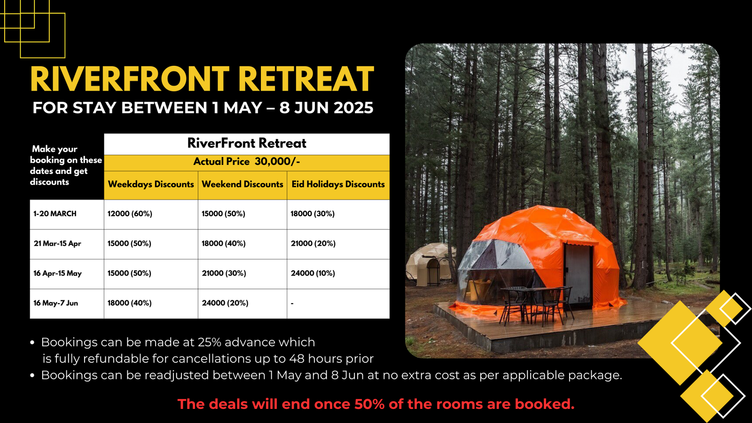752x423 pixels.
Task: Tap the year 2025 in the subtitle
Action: (353, 108)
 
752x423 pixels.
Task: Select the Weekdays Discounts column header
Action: (151, 184)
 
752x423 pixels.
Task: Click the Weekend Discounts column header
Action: (243, 184)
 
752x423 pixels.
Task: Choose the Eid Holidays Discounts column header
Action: (338, 184)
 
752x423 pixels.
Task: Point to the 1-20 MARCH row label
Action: (55, 213)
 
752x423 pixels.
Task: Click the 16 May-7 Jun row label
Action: (56, 303)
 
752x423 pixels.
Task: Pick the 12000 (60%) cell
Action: (130, 213)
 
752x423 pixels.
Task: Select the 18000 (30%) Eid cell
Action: (313, 213)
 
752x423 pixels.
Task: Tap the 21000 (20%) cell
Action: (313, 243)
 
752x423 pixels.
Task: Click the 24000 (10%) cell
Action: (313, 273)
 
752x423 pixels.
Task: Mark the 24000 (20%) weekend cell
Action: (225, 303)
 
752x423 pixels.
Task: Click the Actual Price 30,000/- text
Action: (247, 162)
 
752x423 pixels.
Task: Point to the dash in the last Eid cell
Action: (292, 304)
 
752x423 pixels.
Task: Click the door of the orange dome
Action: (579, 274)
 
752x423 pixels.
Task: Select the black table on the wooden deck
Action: (534, 304)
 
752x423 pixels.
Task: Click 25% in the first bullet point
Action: (210, 342)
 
